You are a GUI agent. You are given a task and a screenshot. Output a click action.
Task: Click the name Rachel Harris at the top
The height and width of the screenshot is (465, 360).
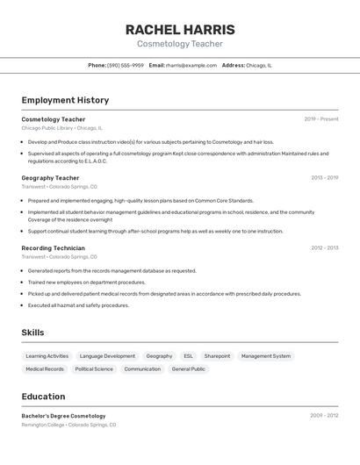[x=180, y=29]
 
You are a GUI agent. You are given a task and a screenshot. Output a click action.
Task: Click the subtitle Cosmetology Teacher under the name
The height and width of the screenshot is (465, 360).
[x=180, y=44]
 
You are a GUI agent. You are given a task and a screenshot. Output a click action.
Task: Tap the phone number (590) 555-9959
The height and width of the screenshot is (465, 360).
[x=126, y=65]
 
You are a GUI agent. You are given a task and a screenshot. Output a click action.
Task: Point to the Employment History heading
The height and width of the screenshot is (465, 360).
[x=65, y=100]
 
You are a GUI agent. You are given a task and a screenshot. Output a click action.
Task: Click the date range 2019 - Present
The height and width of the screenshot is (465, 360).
[x=321, y=118]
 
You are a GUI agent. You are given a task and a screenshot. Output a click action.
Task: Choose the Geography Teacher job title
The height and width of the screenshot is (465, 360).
[x=50, y=178]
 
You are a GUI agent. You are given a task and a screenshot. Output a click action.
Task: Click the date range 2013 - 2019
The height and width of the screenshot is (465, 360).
[x=324, y=178]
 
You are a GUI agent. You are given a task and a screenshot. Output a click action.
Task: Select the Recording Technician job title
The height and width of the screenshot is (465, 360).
[x=54, y=248]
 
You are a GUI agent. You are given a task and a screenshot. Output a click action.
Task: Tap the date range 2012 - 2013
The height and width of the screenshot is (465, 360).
[x=324, y=248]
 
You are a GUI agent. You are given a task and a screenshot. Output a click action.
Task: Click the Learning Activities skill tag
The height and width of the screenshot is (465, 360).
[x=47, y=356]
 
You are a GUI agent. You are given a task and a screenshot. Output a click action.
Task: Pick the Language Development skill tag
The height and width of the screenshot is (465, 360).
[x=107, y=356]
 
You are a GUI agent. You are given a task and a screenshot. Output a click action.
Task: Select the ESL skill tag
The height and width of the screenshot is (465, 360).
[x=188, y=356]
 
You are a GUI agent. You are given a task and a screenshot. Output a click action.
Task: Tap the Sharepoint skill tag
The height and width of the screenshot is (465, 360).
[x=217, y=356]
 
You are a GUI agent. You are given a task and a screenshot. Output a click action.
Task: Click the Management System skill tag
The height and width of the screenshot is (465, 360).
[x=266, y=356]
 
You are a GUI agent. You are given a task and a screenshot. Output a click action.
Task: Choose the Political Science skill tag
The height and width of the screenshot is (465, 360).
[x=94, y=369]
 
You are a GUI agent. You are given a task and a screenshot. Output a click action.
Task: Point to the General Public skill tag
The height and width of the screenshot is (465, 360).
[x=188, y=369]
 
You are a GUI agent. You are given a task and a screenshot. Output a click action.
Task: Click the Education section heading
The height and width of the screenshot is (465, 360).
[x=43, y=397]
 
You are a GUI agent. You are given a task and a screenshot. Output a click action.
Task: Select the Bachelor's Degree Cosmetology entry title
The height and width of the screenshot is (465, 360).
[x=63, y=416]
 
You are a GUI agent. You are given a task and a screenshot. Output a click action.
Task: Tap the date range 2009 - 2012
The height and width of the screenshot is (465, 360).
[x=324, y=416]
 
